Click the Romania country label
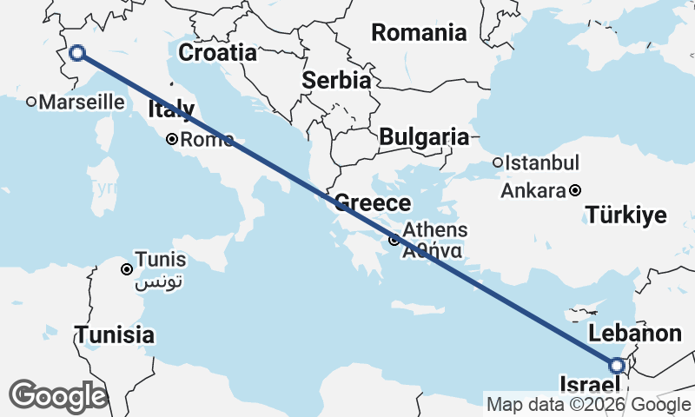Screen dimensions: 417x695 point(419,33)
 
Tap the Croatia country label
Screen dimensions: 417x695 point(217,53)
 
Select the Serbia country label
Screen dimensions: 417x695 point(336,80)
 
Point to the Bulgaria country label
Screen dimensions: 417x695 point(424,136)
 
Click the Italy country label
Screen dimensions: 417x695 point(171,109)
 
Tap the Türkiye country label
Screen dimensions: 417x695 point(625,214)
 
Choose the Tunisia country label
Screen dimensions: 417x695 point(115,334)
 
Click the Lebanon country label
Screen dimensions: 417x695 point(634,334)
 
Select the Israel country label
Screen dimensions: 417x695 point(592,385)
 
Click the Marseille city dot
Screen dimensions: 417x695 point(31,102)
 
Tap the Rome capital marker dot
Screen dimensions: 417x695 point(173,139)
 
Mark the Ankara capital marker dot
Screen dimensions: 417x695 point(575,190)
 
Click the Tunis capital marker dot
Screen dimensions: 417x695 point(128,269)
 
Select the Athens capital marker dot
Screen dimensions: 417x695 point(394,240)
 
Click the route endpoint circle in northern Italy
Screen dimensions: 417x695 point(76,53)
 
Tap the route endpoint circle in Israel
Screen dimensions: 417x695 point(618,367)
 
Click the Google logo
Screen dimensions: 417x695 point(58,395)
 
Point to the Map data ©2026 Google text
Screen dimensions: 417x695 point(588,404)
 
